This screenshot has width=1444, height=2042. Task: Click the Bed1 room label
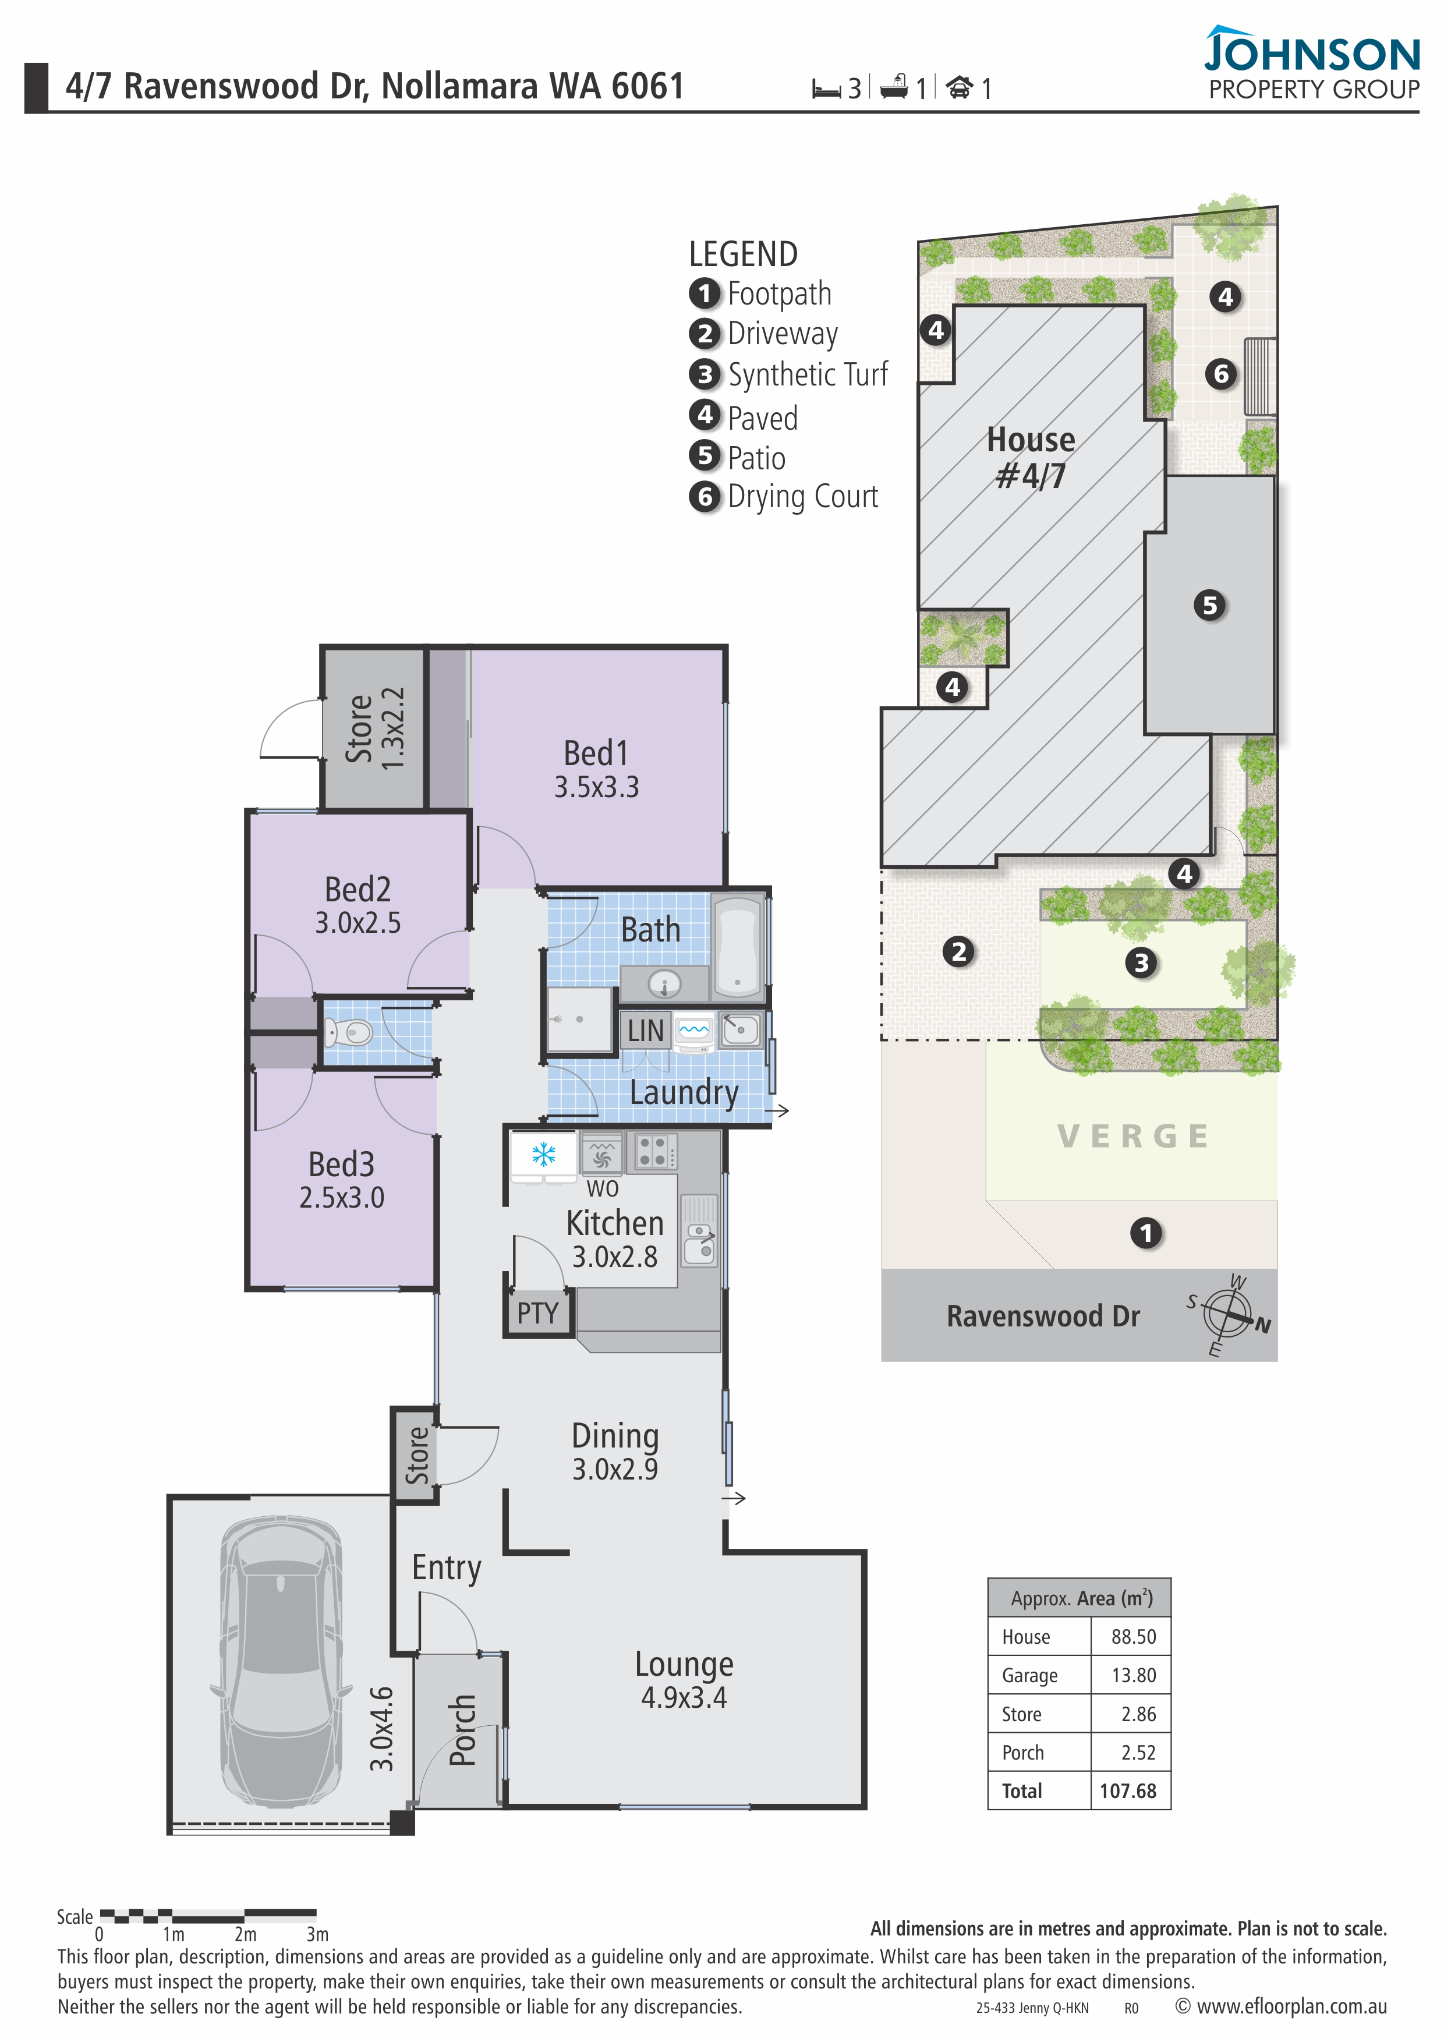[596, 753]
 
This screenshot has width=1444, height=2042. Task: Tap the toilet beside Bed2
[348, 1032]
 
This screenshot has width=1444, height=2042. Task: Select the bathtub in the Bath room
[737, 944]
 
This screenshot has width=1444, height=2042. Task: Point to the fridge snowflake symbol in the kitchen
[543, 1155]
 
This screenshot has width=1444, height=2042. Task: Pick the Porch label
[462, 1730]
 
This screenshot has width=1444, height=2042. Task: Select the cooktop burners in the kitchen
[653, 1152]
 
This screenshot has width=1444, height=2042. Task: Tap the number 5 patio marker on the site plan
[1209, 606]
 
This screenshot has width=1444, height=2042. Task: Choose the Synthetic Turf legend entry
[789, 374]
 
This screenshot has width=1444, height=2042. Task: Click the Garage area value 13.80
[1134, 1676]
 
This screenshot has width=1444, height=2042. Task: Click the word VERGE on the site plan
[1134, 1136]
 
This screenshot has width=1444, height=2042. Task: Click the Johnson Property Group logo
[1312, 62]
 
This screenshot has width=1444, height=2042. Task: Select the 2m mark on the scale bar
[245, 1934]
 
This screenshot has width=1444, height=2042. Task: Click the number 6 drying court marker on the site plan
[1221, 374]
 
